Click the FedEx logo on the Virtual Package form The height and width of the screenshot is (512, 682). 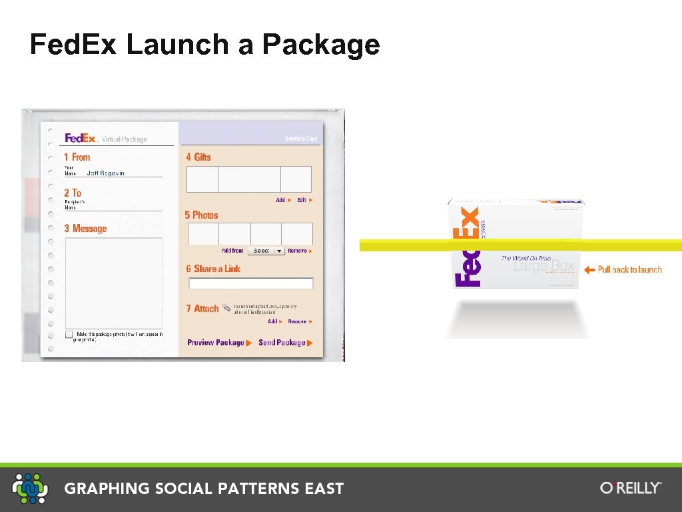click(x=81, y=138)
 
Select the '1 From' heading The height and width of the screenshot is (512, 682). click(x=77, y=157)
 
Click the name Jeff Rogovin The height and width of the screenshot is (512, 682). click(x=106, y=173)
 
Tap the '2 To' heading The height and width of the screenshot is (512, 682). click(x=73, y=193)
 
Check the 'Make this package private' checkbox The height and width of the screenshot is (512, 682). click(x=69, y=335)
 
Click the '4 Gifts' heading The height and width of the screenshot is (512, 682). click(x=198, y=157)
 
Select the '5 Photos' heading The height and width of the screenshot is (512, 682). click(x=201, y=215)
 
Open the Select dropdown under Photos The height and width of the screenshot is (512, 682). click(x=266, y=251)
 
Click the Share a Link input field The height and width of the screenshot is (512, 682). click(x=250, y=284)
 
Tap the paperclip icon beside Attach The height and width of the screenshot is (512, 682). click(x=226, y=308)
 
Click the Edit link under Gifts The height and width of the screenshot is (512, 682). click(x=303, y=200)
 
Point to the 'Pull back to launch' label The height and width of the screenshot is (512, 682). click(x=629, y=270)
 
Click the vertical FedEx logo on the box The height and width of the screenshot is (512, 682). click(x=467, y=247)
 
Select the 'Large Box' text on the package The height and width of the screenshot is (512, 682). click(x=543, y=267)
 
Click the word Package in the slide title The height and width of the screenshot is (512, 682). click(x=321, y=45)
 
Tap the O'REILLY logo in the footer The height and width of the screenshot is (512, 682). click(x=631, y=488)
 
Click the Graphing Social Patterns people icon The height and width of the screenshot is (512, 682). click(x=30, y=488)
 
